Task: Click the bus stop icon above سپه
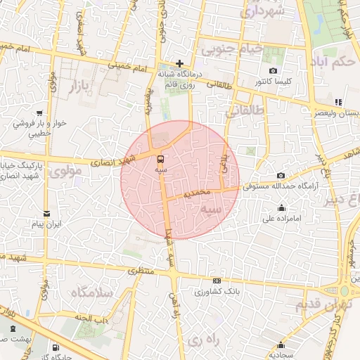coord(161,159)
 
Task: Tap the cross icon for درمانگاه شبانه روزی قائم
coord(180,63)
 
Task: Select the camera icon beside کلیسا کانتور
coord(273,71)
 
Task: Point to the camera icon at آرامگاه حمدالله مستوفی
coord(281,176)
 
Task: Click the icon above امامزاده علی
coord(282,207)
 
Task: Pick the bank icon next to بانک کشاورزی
coord(217,281)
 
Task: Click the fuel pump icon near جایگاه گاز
coord(56,347)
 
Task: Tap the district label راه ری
coord(204,340)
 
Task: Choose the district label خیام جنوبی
coord(231,50)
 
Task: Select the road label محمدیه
coord(196,192)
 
